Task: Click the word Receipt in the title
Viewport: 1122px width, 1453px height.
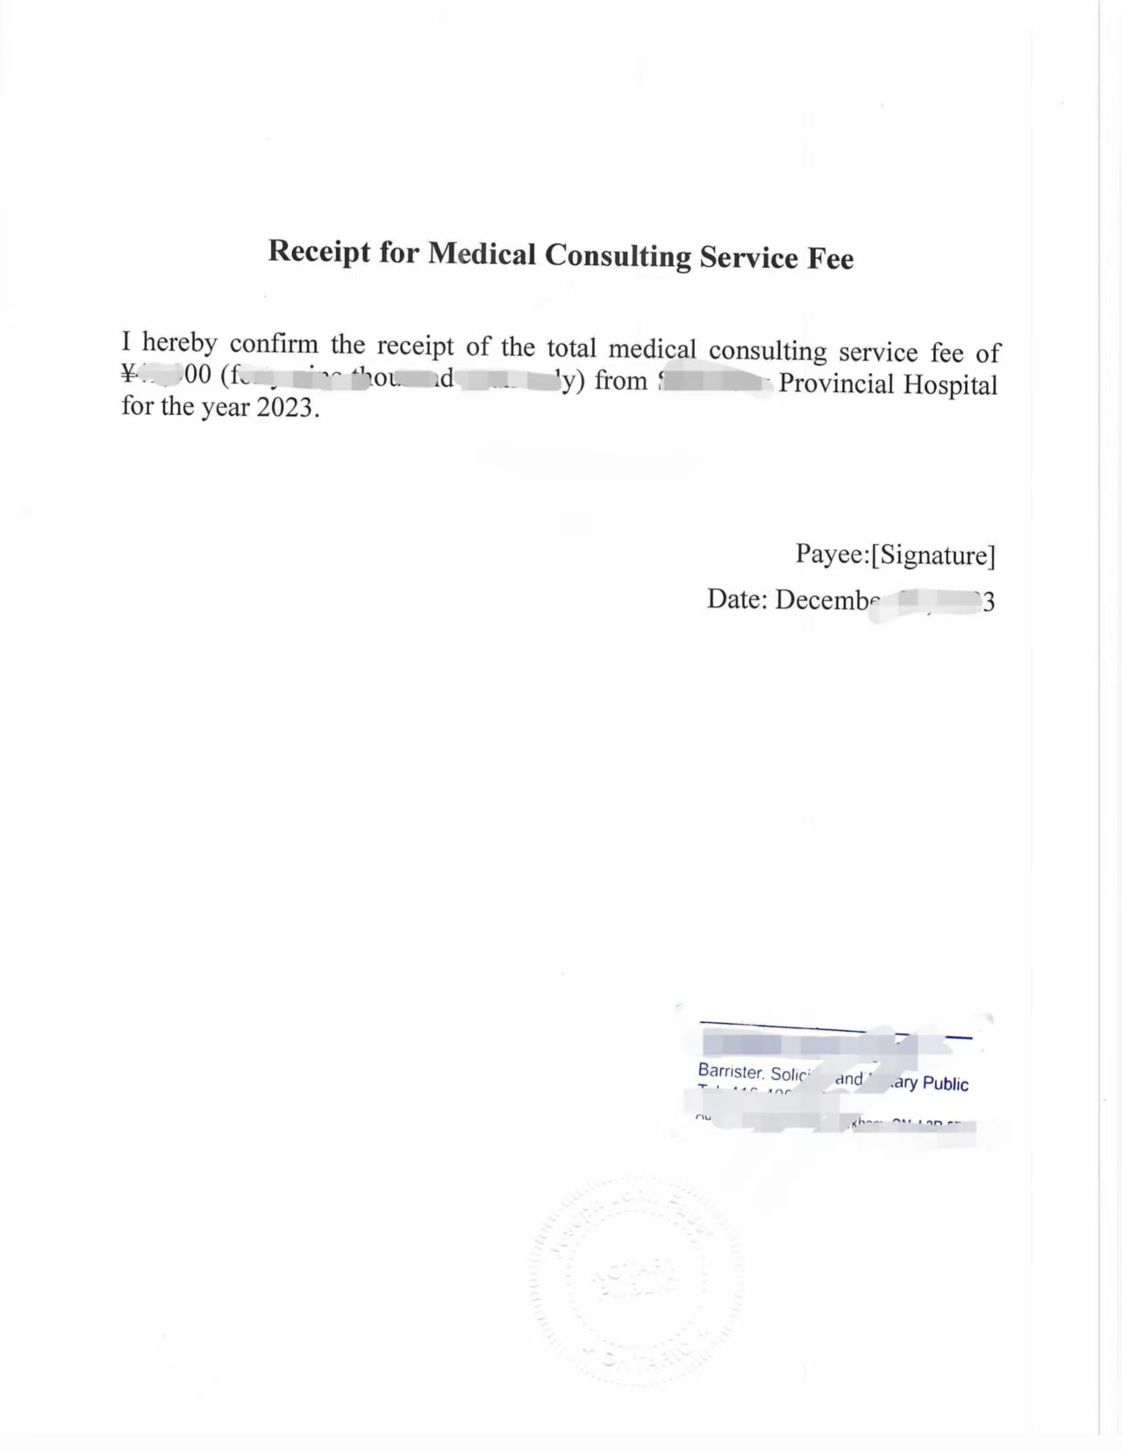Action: point(318,251)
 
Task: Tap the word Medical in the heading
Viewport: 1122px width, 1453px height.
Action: point(482,254)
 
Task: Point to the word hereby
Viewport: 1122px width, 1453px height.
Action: point(179,342)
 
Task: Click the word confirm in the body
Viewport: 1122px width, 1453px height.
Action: point(274,344)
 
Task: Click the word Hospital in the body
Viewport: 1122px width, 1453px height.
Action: point(953,385)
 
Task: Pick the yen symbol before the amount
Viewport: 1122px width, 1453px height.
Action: point(130,376)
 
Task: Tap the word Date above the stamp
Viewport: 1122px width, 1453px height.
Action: point(737,599)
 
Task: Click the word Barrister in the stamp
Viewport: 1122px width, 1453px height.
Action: point(731,1071)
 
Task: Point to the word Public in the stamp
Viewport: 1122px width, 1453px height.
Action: point(946,1084)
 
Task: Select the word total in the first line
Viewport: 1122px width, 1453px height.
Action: point(571,348)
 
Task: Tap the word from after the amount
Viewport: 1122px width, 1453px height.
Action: point(621,381)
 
